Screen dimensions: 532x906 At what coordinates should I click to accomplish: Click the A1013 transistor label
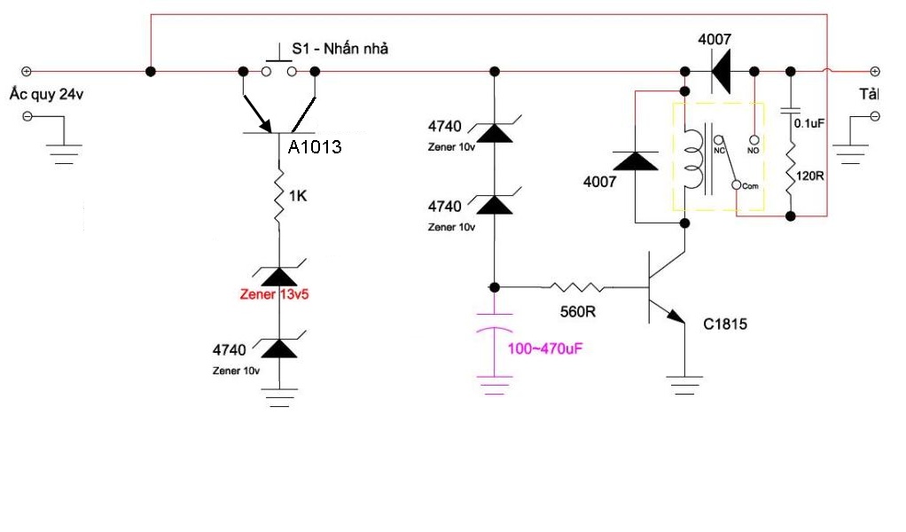315,147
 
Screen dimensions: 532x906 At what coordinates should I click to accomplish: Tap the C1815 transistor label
725,325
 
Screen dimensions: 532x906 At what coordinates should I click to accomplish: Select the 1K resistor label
297,196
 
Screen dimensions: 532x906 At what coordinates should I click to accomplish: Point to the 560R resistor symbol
577,287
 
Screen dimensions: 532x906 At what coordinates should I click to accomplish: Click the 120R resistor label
811,176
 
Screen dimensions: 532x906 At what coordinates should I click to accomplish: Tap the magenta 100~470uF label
544,348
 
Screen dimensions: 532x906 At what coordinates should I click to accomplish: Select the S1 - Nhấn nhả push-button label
340,49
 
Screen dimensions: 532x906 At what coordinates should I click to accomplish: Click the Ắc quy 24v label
44,95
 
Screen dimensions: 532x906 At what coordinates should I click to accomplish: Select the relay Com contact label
748,185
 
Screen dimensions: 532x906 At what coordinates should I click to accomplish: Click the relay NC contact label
720,150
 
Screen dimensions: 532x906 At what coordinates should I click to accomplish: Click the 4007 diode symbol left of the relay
636,161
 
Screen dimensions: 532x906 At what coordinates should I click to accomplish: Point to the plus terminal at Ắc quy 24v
27,71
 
